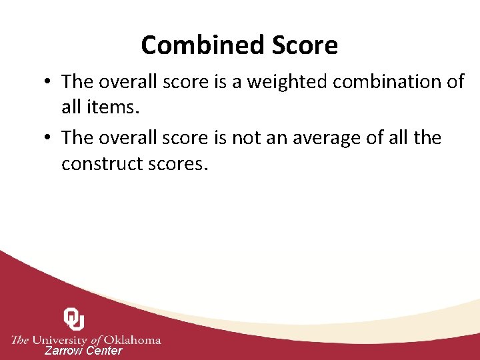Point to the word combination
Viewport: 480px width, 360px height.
pos(387,82)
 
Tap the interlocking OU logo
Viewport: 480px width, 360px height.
pos(74,319)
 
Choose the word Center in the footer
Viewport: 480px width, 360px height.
pos(104,351)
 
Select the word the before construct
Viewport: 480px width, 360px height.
pos(427,138)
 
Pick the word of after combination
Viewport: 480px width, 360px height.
pos(456,82)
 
